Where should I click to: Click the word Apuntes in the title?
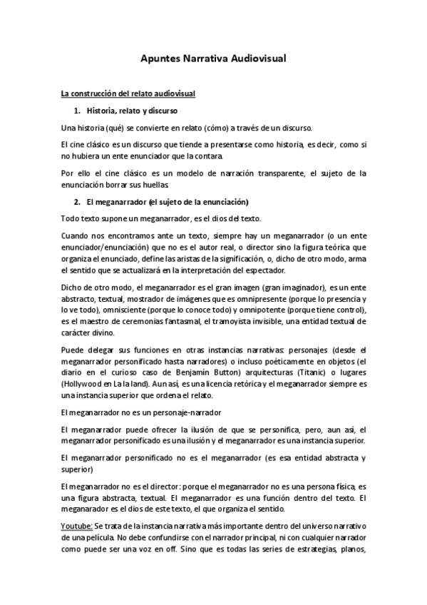coord(160,61)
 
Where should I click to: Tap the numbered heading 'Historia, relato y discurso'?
coord(133,111)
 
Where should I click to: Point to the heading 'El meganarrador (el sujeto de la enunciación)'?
coord(168,202)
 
